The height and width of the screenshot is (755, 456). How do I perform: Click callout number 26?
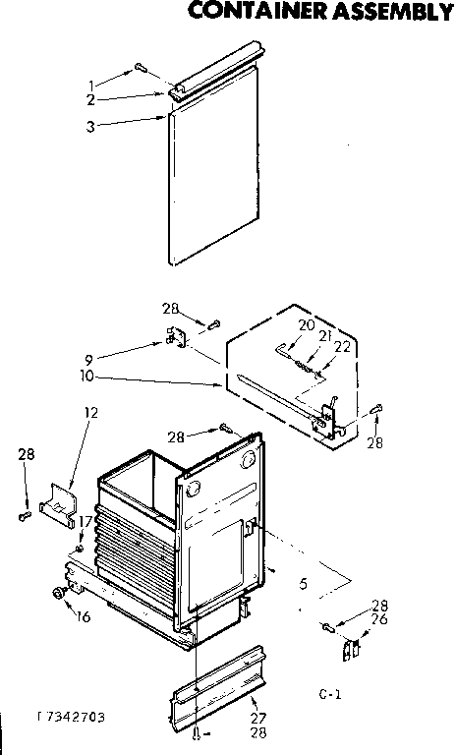click(378, 619)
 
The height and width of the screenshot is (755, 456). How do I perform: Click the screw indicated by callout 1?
click(141, 69)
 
